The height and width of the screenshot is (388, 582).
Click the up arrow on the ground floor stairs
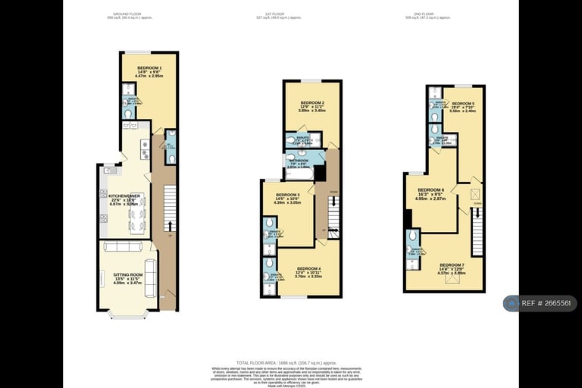coord(169,225)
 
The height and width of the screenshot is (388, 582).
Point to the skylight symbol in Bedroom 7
coord(455,280)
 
